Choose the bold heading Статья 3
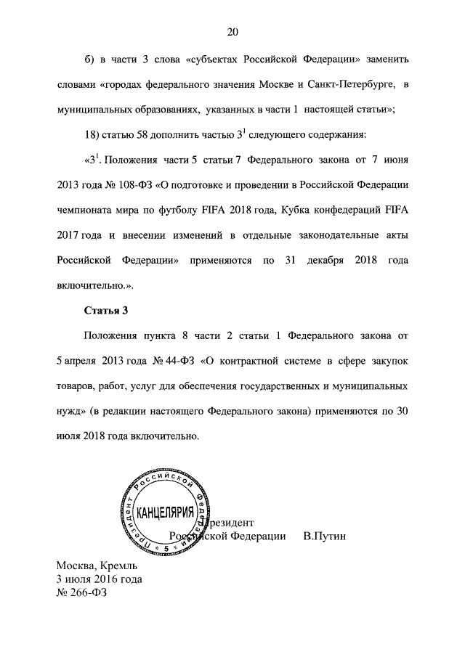click(x=106, y=311)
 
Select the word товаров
click(x=78, y=386)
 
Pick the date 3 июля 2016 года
click(x=100, y=579)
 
